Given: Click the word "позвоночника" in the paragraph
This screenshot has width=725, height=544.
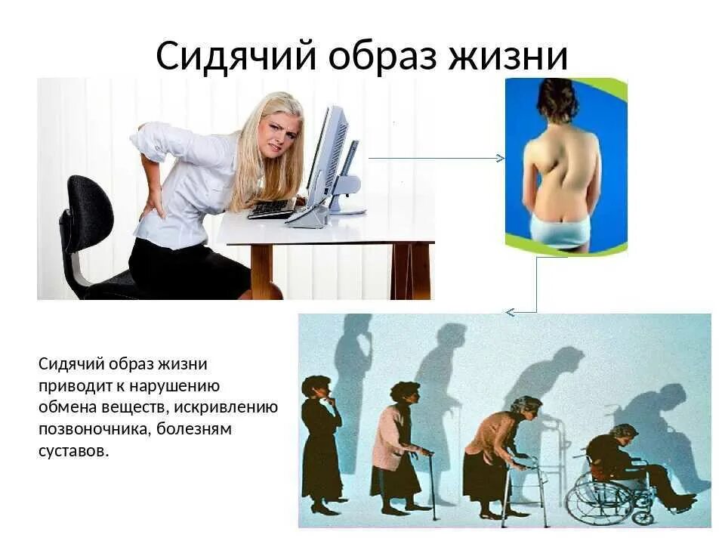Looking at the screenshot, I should click(89, 428).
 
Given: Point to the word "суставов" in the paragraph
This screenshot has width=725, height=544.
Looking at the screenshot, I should click(73, 450).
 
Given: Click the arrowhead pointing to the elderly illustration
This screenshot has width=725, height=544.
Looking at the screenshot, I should click(511, 312).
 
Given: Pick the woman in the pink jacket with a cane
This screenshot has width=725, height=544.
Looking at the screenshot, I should click(398, 446).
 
